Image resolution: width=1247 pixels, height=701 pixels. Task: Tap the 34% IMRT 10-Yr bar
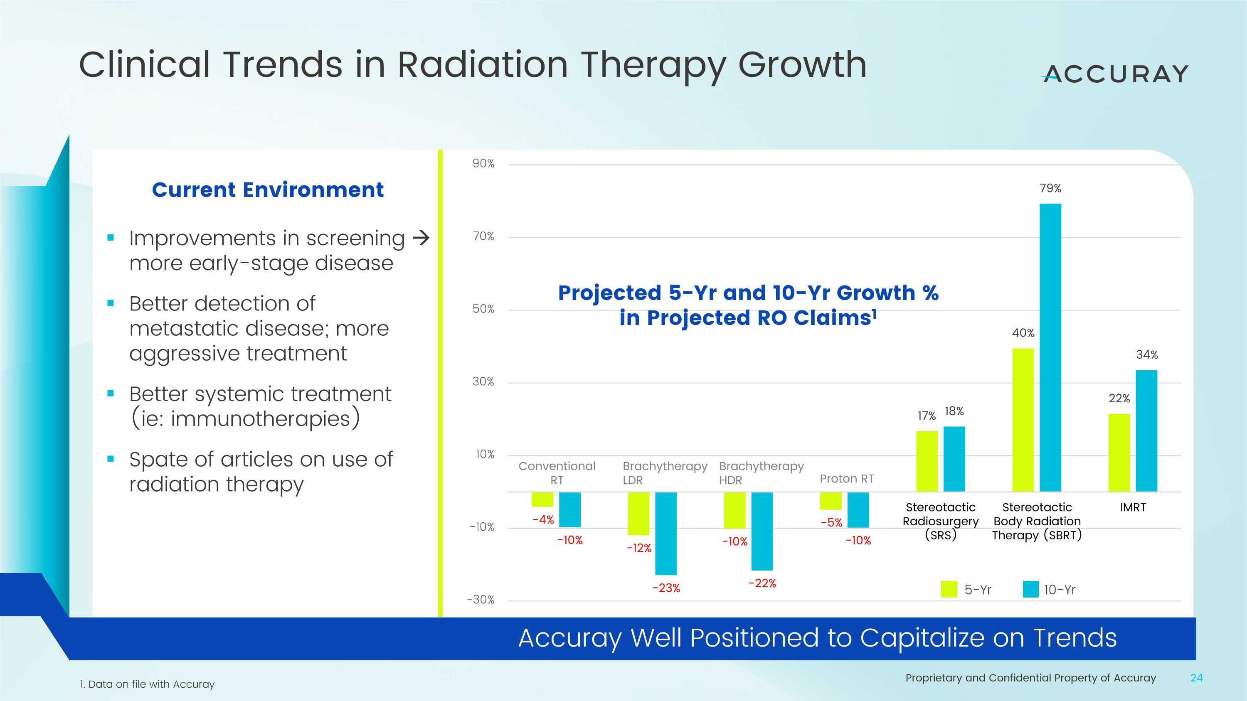coord(1146,430)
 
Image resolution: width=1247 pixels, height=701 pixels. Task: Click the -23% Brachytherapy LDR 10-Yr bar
coord(665,533)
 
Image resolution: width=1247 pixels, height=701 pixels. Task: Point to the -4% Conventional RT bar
coord(542,499)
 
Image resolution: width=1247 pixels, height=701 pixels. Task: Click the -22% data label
coord(762,583)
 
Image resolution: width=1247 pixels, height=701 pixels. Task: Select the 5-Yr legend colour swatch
coord(949,589)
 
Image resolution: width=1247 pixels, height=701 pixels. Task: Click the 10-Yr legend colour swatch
coord(1030,589)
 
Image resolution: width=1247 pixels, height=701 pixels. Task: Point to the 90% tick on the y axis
coord(483,164)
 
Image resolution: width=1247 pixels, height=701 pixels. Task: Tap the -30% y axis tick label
coord(480,600)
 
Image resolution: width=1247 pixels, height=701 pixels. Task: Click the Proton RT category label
coord(847,478)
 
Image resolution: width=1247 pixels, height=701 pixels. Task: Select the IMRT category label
coord(1133,507)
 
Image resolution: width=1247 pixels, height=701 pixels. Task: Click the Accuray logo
coord(1115,74)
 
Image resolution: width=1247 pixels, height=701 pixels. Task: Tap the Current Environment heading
coord(268,189)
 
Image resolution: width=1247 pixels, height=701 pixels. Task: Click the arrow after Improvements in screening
coord(421,238)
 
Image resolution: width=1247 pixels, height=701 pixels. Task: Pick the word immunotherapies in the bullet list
coord(261,419)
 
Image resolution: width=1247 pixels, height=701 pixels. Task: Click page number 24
coord(1196,678)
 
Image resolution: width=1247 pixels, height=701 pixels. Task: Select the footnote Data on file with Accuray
coord(147,684)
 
